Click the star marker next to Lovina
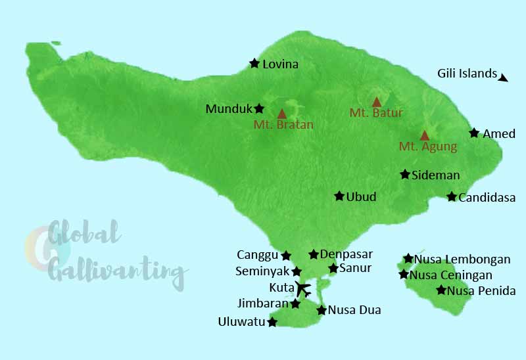254,64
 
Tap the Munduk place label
229,109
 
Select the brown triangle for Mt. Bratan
282,114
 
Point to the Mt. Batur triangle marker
377,102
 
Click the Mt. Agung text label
427,146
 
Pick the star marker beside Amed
474,133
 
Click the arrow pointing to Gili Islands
503,78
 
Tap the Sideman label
435,175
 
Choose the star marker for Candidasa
452,196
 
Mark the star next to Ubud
339,196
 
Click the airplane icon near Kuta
302,288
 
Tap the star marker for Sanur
333,268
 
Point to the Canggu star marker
286,256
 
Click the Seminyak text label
262,271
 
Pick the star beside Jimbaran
295,304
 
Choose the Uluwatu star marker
272,322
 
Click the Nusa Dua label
354,310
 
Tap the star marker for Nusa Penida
441,290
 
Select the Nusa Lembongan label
462,259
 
